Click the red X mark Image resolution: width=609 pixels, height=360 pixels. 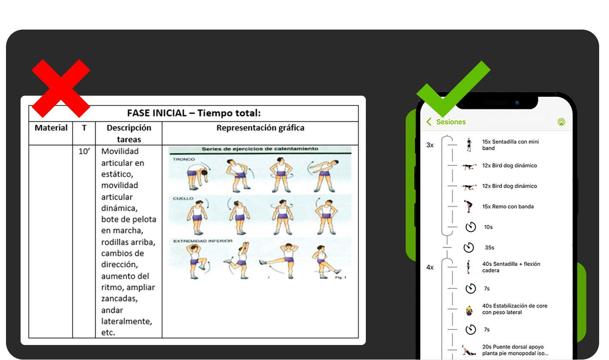pyautogui.click(x=61, y=89)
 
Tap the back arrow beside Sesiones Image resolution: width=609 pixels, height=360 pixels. pyautogui.click(x=429, y=122)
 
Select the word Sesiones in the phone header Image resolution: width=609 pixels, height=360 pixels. pyautogui.click(x=451, y=122)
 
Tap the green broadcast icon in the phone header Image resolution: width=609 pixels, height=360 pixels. pyautogui.click(x=561, y=122)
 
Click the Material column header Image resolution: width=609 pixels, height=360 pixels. pyautogui.click(x=51, y=128)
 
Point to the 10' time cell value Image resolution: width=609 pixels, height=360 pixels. pyautogui.click(x=84, y=151)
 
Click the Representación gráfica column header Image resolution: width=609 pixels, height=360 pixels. pyautogui.click(x=260, y=128)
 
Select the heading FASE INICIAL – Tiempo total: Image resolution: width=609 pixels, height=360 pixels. pyautogui.click(x=194, y=113)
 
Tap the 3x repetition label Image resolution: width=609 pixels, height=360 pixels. pyautogui.click(x=430, y=145)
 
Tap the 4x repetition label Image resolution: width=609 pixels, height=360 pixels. pyautogui.click(x=430, y=267)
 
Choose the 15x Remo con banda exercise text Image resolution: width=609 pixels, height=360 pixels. pyautogui.click(x=508, y=207)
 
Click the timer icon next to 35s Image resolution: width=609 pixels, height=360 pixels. pyautogui.click(x=469, y=248)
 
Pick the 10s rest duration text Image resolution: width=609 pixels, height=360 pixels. pyautogui.click(x=488, y=227)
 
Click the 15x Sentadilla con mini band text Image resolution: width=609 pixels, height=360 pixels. pyautogui.click(x=511, y=145)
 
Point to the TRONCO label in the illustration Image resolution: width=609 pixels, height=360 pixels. pyautogui.click(x=184, y=159)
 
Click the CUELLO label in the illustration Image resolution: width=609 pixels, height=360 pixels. pyautogui.click(x=183, y=198)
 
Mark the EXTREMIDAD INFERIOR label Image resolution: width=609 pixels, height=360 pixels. pyautogui.click(x=203, y=241)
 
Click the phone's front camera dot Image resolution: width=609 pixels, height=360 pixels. pyautogui.click(x=517, y=103)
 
